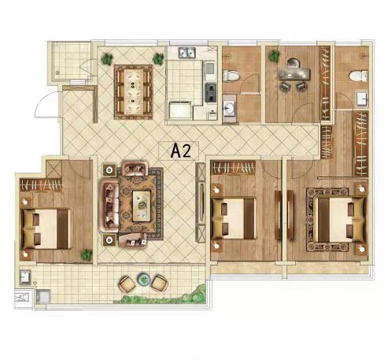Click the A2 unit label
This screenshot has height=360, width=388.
point(180,150)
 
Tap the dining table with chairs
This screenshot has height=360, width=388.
point(134,92)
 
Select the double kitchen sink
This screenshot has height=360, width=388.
point(187,53)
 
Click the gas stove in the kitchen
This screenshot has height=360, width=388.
point(211,92)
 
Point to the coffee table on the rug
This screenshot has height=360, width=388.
point(142,206)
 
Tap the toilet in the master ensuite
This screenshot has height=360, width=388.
point(358,76)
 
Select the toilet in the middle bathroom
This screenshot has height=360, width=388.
point(231,76)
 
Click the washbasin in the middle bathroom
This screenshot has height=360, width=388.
point(230,109)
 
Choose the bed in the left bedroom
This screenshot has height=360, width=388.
point(46,228)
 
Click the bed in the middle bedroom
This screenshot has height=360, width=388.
point(235,218)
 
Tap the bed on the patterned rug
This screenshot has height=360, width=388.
point(340,220)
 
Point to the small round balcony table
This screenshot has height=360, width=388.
point(143,279)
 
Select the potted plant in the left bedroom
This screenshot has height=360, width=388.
point(87,254)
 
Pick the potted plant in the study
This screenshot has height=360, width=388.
point(274,56)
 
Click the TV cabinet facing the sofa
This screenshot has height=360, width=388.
point(201,202)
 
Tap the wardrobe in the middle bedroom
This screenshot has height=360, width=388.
point(233,167)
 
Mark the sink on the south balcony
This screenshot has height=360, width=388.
point(26,277)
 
